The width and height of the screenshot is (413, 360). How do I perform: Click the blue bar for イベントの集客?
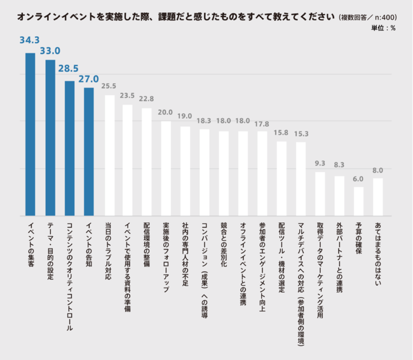30,134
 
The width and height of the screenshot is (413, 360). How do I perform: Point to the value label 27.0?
88,79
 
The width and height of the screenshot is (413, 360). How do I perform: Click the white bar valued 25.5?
109,155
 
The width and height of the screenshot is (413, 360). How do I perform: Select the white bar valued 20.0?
166,168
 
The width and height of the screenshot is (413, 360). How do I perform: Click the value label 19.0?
185,117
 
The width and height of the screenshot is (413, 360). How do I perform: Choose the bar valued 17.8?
262,173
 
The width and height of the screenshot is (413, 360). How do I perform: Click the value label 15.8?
281,132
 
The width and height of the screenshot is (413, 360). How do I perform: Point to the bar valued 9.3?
320,193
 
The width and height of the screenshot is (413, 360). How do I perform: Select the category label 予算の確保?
359,238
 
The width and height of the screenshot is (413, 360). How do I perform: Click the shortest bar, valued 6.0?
359,201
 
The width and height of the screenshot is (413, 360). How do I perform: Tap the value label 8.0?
378,170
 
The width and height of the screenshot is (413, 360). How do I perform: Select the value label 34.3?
30,40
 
